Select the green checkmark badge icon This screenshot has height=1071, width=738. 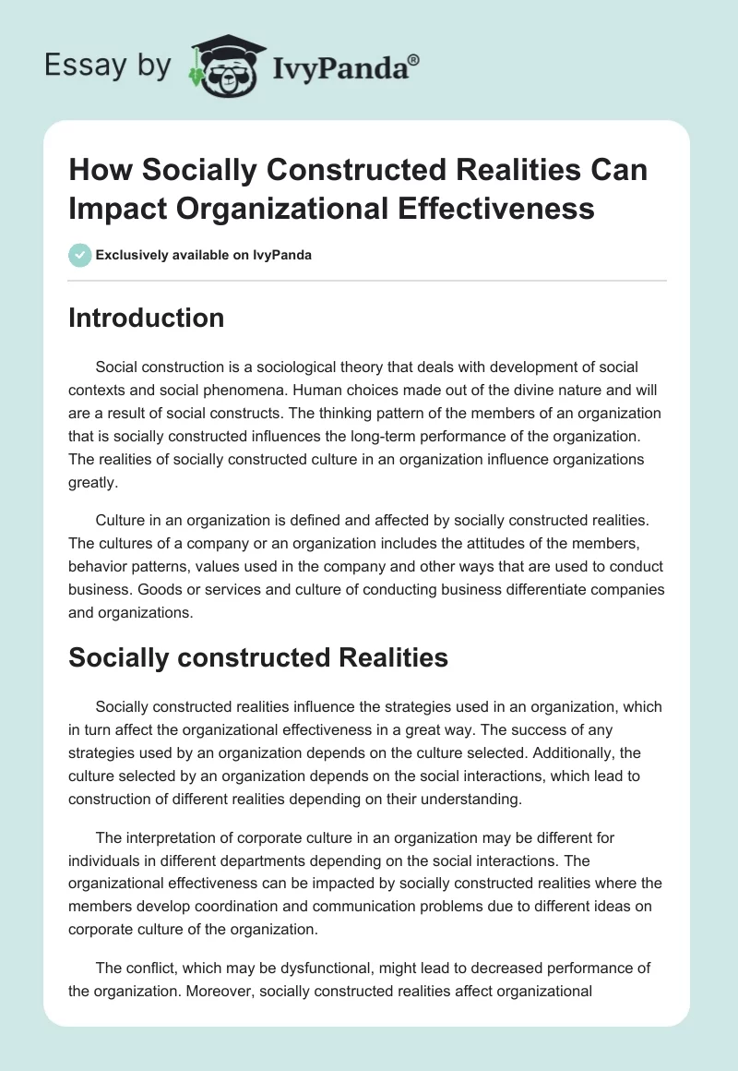80,255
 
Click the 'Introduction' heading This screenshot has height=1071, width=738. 147,318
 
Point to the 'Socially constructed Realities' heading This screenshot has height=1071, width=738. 258,657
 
